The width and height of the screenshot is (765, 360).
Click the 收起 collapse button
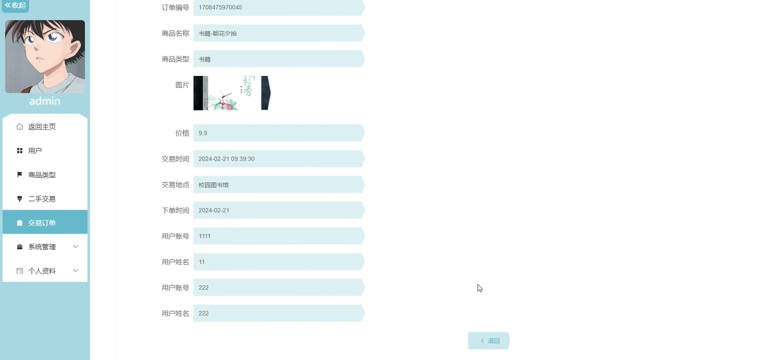point(15,5)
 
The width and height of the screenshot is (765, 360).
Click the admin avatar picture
point(45,57)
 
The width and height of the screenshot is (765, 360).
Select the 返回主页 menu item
point(42,127)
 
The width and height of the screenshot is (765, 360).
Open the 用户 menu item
point(35,151)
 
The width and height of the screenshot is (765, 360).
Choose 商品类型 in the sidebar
point(42,175)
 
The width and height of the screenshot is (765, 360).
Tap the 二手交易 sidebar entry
point(42,199)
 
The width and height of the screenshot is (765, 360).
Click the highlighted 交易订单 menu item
point(42,223)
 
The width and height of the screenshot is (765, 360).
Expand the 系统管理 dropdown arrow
point(76,246)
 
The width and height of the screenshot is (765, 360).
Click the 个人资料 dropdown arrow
point(76,270)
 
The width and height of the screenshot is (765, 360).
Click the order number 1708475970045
point(220,8)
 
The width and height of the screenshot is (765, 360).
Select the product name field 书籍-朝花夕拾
point(218,33)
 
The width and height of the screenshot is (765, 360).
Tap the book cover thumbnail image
point(232,93)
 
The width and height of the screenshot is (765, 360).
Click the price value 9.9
point(203,133)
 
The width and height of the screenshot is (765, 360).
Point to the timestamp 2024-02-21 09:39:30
point(226,159)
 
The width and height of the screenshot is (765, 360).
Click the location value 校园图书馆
point(213,185)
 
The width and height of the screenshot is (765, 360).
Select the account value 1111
point(204,236)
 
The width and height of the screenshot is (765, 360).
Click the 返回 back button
point(489,341)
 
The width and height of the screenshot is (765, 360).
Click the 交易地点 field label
point(175,185)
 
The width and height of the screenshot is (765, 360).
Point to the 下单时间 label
point(175,210)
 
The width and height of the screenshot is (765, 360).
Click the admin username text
point(45,101)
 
